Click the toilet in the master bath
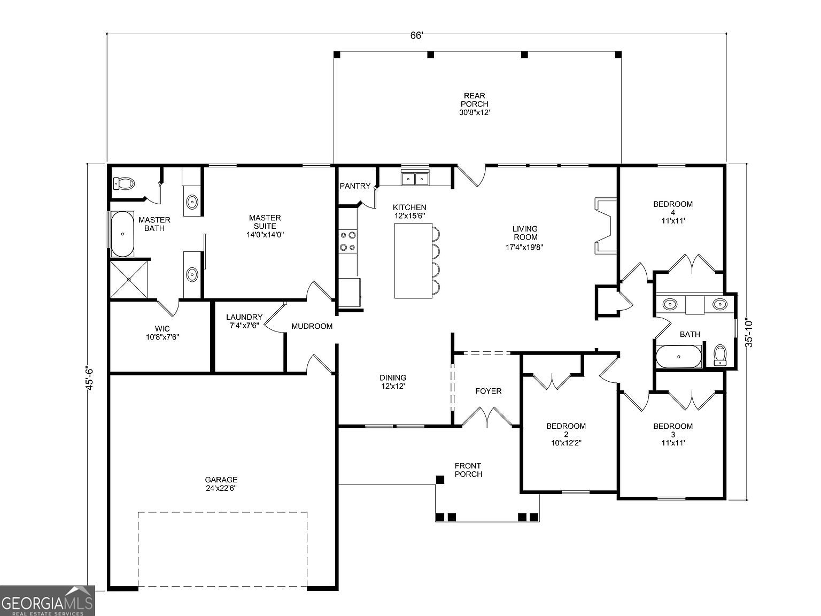coord(124,183)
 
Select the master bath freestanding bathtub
coord(122,234)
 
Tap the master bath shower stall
coord(129,279)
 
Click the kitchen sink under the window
coord(415,178)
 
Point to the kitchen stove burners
coord(347,241)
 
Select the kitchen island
coord(413,260)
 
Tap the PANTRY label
coord(355,186)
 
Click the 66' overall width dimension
coord(416,35)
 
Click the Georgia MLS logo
coord(47,601)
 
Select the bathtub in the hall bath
coord(679,357)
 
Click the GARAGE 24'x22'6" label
coord(221,484)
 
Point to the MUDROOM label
coord(312,326)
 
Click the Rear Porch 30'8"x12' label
coord(474,104)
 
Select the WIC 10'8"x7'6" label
coord(162,333)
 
